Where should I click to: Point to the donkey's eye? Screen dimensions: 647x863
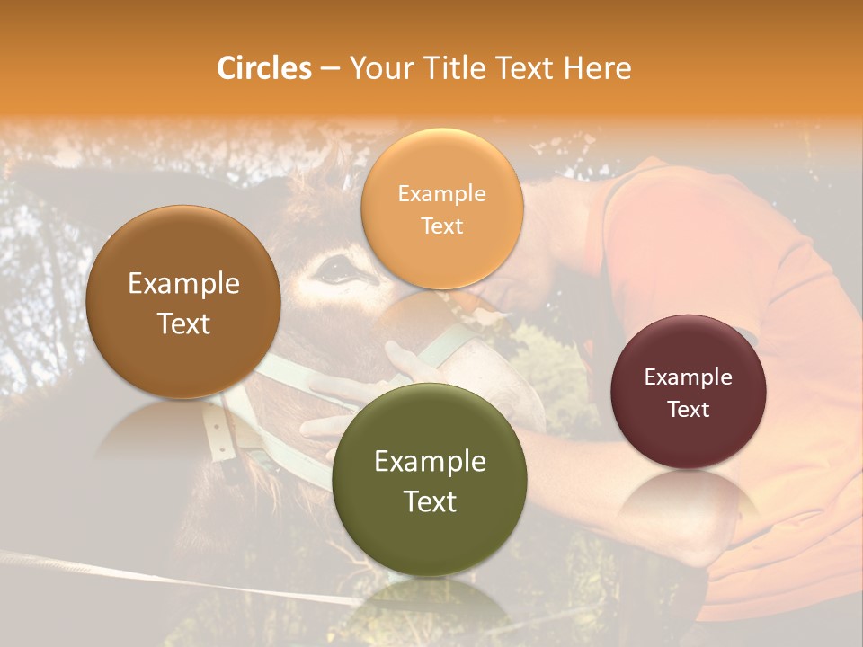click(336, 268)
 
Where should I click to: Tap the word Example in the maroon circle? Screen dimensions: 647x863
click(689, 377)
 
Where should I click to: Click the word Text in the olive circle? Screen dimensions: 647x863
click(430, 501)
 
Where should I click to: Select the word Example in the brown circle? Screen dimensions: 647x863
click(183, 284)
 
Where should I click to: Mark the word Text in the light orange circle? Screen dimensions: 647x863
click(442, 226)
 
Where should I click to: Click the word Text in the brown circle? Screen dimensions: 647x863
click(183, 323)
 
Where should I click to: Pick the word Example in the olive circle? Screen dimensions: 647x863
click(430, 462)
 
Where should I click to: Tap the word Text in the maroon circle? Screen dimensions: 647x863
click(689, 410)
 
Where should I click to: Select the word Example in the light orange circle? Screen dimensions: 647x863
click(442, 194)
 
